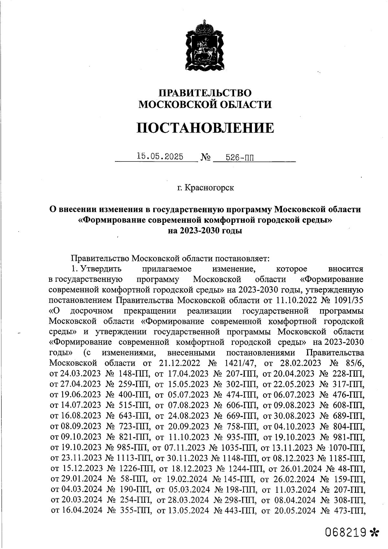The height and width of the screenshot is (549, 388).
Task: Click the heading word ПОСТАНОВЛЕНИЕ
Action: point(205,128)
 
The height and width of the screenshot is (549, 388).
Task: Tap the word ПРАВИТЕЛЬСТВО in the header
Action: point(205,93)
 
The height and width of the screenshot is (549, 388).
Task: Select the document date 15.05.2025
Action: point(160,157)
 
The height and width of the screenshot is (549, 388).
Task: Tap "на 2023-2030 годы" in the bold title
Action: point(205,231)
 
